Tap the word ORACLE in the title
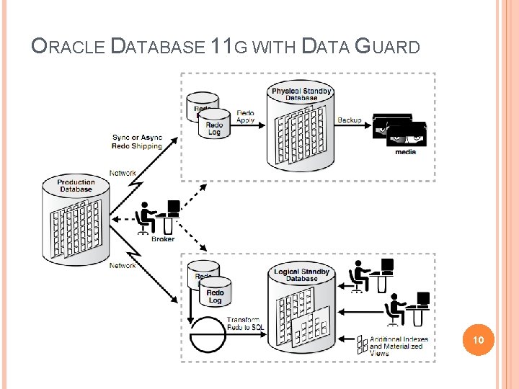coord(68,48)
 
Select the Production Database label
coord(76,186)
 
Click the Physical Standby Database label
coord(301,94)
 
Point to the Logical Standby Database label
coord(301,274)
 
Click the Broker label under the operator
coord(162,239)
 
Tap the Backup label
coord(350,120)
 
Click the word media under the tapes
coord(405,151)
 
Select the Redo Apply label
coord(245,117)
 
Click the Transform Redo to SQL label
coord(245,323)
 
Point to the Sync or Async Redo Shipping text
coord(137,142)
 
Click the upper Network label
coord(123,174)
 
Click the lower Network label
coord(123,266)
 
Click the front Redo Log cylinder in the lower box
coord(215,293)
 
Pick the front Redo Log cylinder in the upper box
coord(214,122)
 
